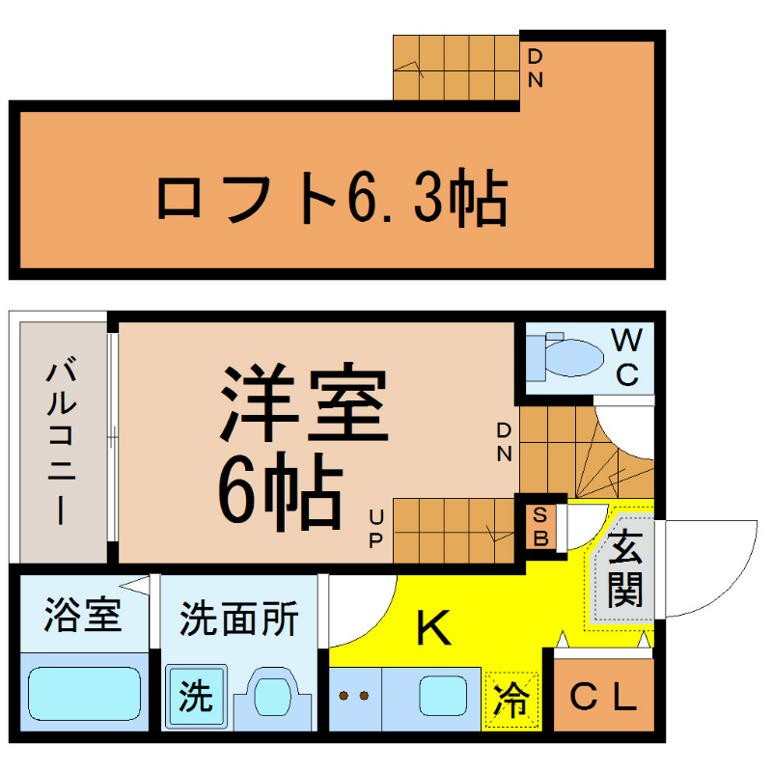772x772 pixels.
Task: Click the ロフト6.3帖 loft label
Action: (x=331, y=200)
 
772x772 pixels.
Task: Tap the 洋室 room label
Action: (x=305, y=403)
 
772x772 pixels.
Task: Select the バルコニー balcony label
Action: (x=62, y=440)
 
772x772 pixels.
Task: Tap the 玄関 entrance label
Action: (x=625, y=569)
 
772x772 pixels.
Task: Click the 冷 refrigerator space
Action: (x=512, y=698)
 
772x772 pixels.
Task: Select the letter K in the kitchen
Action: (x=433, y=629)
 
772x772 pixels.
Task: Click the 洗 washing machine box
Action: (x=197, y=695)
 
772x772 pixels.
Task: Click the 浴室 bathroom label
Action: (x=83, y=615)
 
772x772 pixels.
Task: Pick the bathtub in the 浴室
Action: (x=83, y=693)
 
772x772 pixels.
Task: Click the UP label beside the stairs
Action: (x=376, y=527)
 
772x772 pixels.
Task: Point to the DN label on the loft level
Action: (x=536, y=68)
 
